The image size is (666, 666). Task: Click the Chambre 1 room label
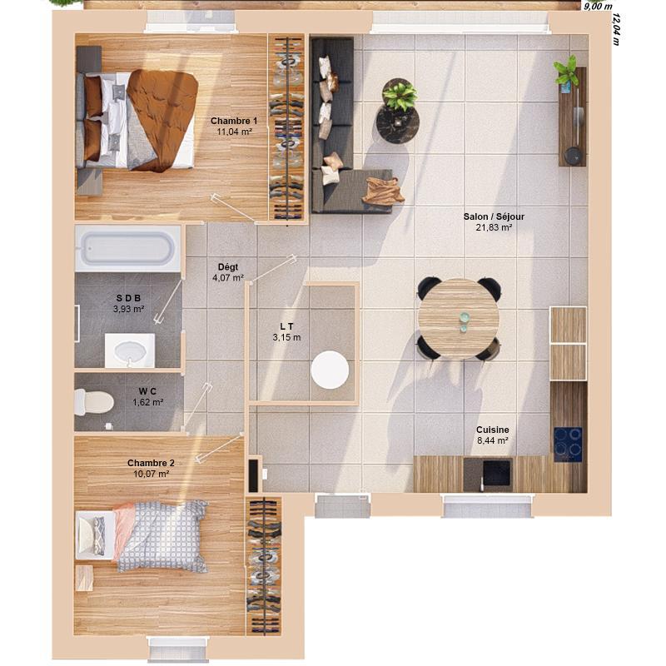[x=233, y=121]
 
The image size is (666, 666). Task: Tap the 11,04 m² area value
[x=233, y=132]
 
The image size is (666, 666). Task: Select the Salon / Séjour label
[x=494, y=216]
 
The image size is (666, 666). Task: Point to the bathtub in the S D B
[x=127, y=248]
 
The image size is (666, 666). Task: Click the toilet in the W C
[x=94, y=403]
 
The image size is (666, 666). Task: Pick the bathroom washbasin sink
[x=130, y=350]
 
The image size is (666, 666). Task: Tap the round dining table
[x=459, y=318]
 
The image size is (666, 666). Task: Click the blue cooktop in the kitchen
[x=569, y=444]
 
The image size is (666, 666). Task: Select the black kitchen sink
[x=496, y=473]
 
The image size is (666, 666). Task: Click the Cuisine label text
[x=493, y=430]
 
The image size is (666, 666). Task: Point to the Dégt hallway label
[x=227, y=267]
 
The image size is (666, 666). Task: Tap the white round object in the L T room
[x=331, y=370]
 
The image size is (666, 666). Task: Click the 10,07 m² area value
[x=151, y=474]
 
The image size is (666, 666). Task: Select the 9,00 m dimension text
[x=596, y=6]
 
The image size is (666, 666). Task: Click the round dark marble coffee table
[x=398, y=123]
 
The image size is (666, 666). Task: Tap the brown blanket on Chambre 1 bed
[x=162, y=117]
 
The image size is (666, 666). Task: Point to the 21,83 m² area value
[x=494, y=227]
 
